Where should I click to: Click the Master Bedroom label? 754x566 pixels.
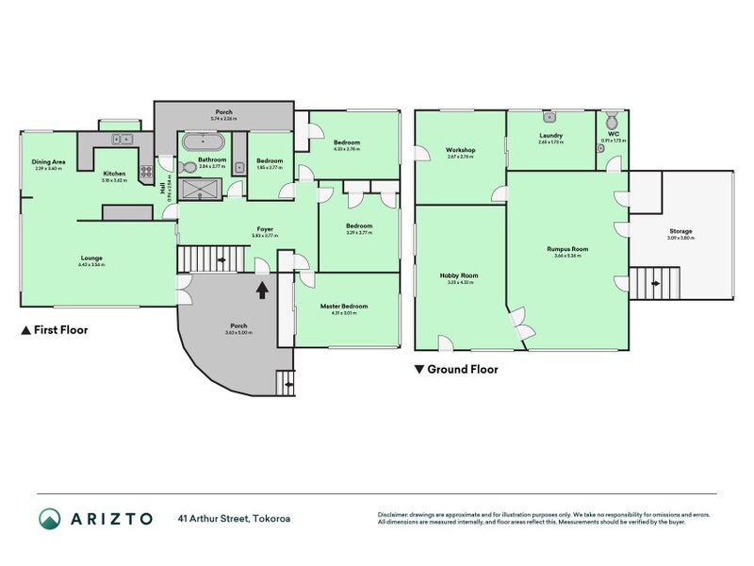click(343, 306)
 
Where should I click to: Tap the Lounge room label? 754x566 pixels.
click(91, 258)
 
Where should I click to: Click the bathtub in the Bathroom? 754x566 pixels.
click(204, 143)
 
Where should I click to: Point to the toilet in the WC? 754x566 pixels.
click(612, 121)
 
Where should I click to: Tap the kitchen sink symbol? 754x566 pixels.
click(123, 140)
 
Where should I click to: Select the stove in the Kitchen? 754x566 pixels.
click(146, 173)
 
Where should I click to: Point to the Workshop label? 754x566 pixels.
click(461, 151)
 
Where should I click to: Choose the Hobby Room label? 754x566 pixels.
click(459, 275)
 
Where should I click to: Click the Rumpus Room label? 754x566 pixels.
click(567, 250)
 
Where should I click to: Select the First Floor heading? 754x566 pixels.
click(55, 331)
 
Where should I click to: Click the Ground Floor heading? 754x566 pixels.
click(456, 370)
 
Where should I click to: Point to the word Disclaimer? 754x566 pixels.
click(395, 515)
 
